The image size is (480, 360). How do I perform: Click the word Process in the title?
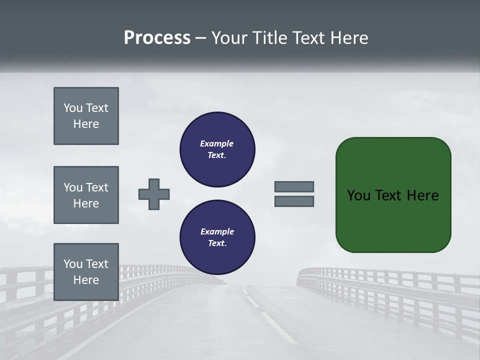[x=157, y=38]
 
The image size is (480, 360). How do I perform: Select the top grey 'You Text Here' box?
[x=86, y=116]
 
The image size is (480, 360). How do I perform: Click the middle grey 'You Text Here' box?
[x=86, y=195]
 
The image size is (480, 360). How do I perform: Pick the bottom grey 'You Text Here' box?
[x=86, y=272]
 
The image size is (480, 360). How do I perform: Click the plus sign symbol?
[x=154, y=194]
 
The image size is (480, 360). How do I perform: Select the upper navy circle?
[x=217, y=149]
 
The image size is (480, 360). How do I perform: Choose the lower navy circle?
[x=217, y=237]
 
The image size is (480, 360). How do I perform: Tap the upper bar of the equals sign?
[x=294, y=186]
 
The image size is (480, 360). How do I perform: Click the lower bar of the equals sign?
[x=294, y=201]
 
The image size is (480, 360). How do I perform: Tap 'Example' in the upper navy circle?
[x=217, y=143]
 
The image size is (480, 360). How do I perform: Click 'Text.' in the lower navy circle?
[x=217, y=243]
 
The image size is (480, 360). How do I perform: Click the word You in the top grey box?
[x=73, y=108]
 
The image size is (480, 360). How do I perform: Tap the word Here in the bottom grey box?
[x=86, y=280]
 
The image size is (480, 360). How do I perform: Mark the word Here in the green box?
[x=422, y=195]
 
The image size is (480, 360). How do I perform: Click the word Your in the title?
[x=228, y=38]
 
